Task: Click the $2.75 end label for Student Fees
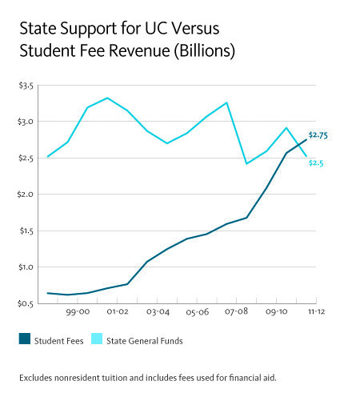click(318, 135)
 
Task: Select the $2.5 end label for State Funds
click(317, 163)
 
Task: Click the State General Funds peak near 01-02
click(107, 98)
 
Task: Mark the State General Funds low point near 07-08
click(246, 163)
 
